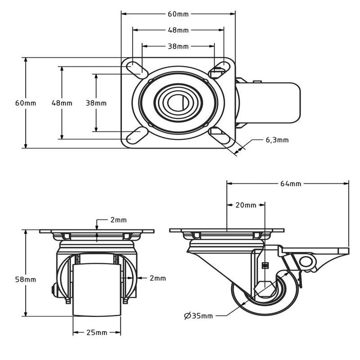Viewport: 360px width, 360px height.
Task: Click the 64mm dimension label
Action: (x=291, y=184)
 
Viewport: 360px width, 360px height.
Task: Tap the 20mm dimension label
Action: (x=246, y=205)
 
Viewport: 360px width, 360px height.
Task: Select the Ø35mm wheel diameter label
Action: (x=199, y=316)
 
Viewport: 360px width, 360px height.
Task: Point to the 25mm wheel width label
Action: (x=97, y=332)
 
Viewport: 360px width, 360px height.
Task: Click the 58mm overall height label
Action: (x=26, y=279)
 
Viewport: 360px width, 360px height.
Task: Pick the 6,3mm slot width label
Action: (x=277, y=140)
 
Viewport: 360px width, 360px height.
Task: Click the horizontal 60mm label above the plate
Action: (x=178, y=14)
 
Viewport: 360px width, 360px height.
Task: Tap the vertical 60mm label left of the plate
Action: (x=26, y=103)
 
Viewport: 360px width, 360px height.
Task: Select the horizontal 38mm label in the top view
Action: (x=178, y=46)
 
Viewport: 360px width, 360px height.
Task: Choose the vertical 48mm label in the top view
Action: (x=62, y=103)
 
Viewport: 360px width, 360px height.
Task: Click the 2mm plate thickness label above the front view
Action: (x=118, y=220)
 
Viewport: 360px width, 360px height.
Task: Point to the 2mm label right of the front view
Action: (x=158, y=278)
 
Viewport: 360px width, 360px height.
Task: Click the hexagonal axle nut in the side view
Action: (x=264, y=289)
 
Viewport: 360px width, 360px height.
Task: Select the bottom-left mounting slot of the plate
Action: (x=137, y=135)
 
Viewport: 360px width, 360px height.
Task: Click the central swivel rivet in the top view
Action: (x=178, y=103)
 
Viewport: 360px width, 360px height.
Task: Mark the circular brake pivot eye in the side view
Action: (x=305, y=261)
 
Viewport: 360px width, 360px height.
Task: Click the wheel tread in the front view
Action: (x=97, y=290)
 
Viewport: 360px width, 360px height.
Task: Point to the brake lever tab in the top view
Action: (x=268, y=103)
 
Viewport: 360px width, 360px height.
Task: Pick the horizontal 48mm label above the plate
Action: (x=178, y=30)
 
